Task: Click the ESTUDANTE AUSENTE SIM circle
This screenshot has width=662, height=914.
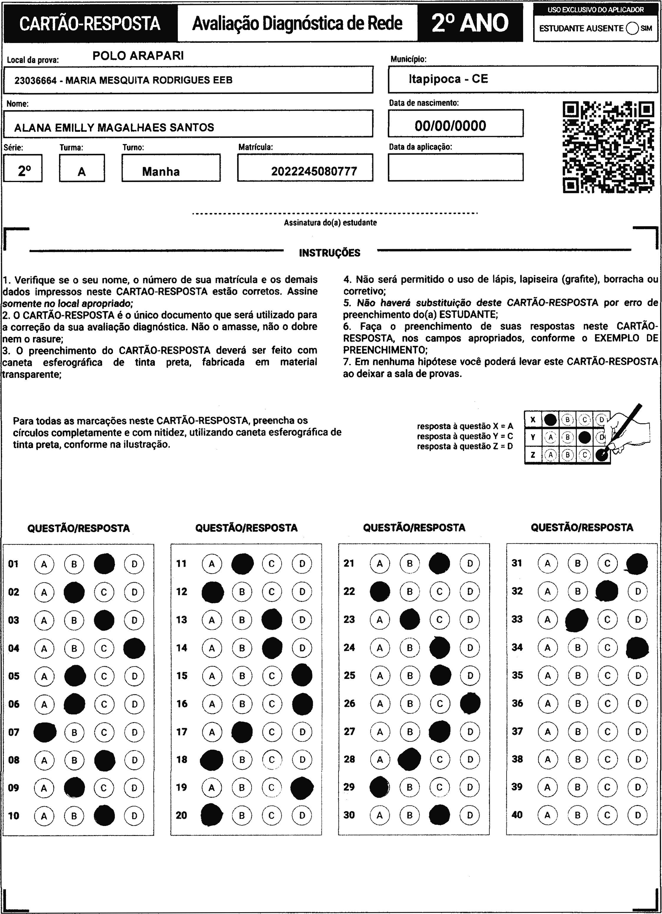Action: pyautogui.click(x=633, y=28)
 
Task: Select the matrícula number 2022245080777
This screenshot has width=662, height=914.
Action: pyautogui.click(x=314, y=172)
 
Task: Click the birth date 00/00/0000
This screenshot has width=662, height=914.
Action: pyautogui.click(x=450, y=126)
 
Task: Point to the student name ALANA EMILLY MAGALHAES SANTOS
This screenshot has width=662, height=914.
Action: pyautogui.click(x=114, y=128)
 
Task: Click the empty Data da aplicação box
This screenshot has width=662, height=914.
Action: pyautogui.click(x=456, y=167)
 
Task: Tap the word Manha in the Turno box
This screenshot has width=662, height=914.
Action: pyautogui.click(x=160, y=172)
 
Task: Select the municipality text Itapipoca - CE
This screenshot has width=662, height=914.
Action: pyautogui.click(x=448, y=79)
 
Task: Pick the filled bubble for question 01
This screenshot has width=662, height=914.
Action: pyautogui.click(x=104, y=564)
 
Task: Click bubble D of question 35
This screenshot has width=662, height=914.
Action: pyautogui.click(x=638, y=675)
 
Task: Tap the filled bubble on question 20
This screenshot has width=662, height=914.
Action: pyautogui.click(x=212, y=815)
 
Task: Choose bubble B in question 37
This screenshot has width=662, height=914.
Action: pyautogui.click(x=578, y=731)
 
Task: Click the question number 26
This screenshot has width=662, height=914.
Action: pyautogui.click(x=349, y=703)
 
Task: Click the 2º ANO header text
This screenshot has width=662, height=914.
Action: pyautogui.click(x=470, y=23)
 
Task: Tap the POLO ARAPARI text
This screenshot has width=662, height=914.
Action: pyautogui.click(x=138, y=56)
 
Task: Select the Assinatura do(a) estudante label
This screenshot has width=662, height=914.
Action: pyautogui.click(x=330, y=222)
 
